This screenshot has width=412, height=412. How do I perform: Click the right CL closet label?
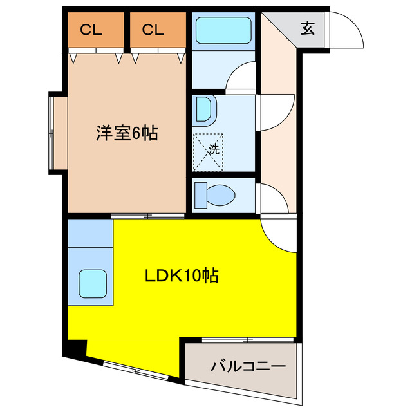pyautogui.click(x=153, y=29)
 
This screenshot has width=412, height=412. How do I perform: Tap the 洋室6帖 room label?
pyautogui.click(x=127, y=134)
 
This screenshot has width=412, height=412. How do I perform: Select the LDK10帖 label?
pyautogui.click(x=180, y=276)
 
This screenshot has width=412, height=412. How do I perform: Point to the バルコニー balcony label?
pyautogui.click(x=248, y=368)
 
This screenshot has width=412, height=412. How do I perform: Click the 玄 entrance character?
pyautogui.click(x=308, y=28)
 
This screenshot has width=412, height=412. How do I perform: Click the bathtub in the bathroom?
pyautogui.click(x=223, y=30)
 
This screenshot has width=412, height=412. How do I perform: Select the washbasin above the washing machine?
pyautogui.click(x=205, y=109)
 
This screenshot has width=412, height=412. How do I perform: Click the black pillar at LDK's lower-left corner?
pyautogui.click(x=77, y=348)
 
